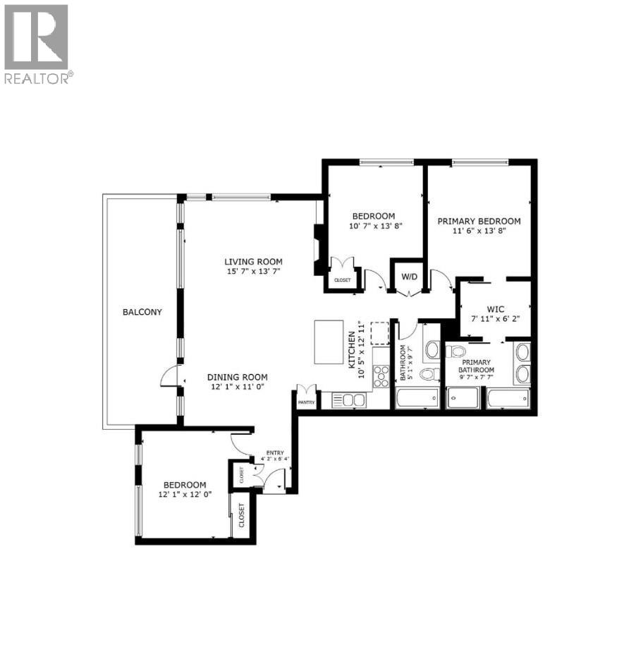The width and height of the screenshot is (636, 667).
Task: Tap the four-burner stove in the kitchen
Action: coord(381,375)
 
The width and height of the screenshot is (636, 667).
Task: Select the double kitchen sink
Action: coord(348,400)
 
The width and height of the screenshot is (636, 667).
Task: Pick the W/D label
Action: coord(408,276)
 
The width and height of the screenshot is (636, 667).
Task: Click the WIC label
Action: coord(494,308)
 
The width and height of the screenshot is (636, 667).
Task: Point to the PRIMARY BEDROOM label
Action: coord(479,220)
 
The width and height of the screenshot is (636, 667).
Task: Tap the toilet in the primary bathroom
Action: coord(457,351)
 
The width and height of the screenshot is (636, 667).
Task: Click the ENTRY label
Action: coord(274,452)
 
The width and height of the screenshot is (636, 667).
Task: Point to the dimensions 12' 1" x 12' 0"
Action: coord(185,495)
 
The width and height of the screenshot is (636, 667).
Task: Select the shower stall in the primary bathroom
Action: coord(463,399)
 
